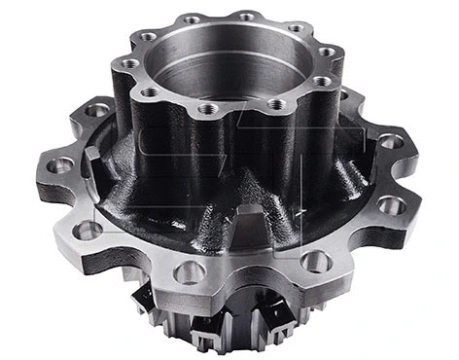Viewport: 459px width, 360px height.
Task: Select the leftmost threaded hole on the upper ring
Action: pos(129,64)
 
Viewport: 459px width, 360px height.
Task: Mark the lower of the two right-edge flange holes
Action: pos(391,205)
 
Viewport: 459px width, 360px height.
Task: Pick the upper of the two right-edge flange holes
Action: pos(390,142)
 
